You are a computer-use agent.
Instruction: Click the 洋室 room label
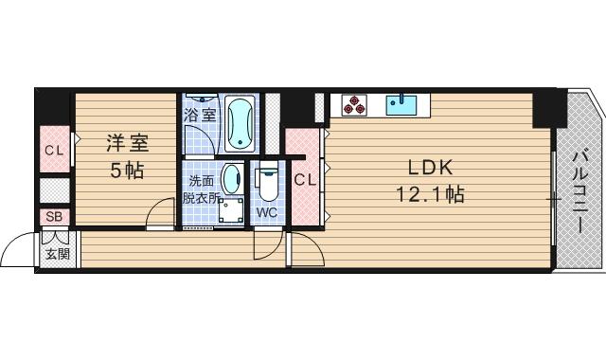tap(127, 144)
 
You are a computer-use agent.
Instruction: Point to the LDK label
tap(432, 168)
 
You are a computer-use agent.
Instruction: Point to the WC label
tap(266, 213)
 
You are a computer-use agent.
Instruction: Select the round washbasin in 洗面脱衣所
tap(231, 179)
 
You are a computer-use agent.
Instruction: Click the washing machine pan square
tap(230, 212)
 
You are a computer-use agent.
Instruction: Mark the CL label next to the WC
tap(303, 180)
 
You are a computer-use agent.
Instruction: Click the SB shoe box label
tap(54, 218)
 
